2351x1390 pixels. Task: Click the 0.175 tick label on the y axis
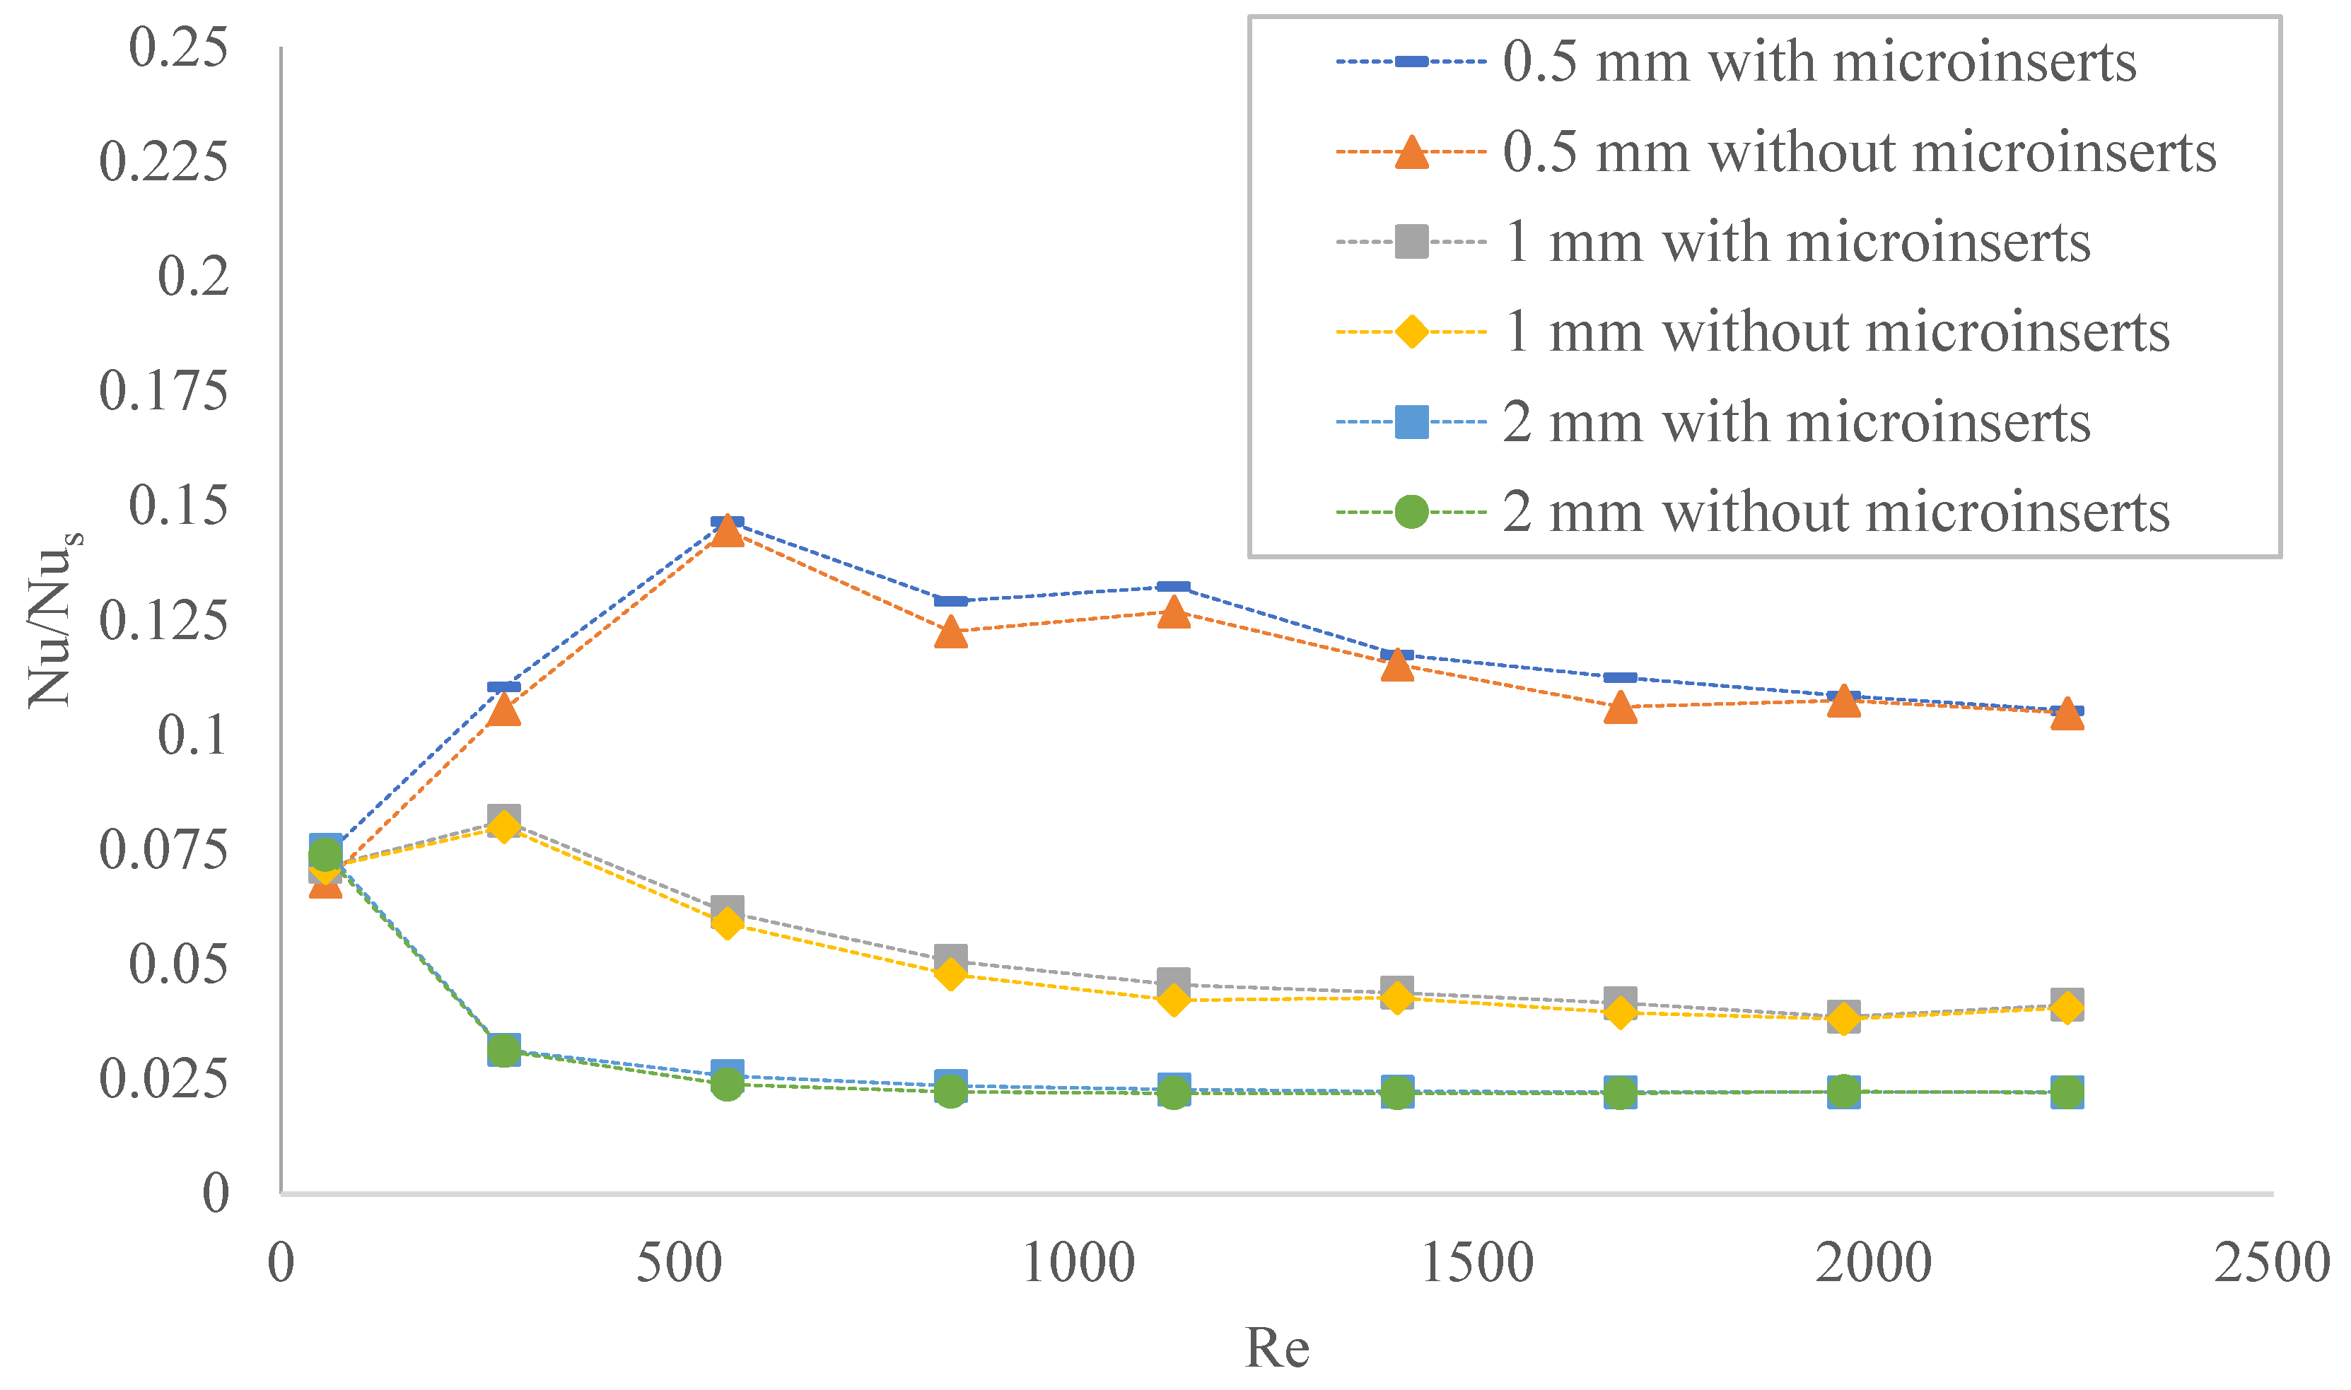[164, 392]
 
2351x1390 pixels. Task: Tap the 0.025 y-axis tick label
[164, 1079]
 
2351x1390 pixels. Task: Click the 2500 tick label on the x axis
[2271, 1263]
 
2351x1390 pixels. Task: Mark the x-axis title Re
[1277, 1350]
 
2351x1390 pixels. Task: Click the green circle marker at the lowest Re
[325, 854]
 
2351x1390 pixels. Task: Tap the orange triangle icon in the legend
[1411, 153]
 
